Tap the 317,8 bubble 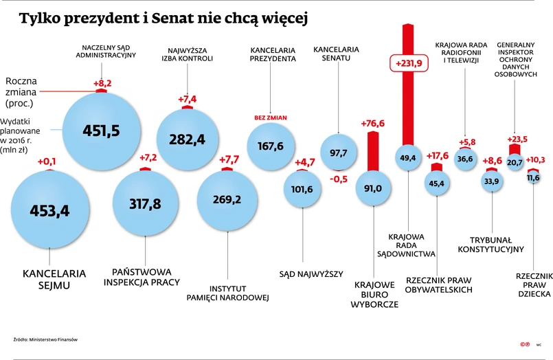tap(146, 204)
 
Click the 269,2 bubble tap(227, 199)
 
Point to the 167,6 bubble tap(271, 146)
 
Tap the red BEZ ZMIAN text tap(271, 117)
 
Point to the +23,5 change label tap(517, 139)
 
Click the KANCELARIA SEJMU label tap(54, 279)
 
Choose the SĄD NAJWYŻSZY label tap(311, 274)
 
